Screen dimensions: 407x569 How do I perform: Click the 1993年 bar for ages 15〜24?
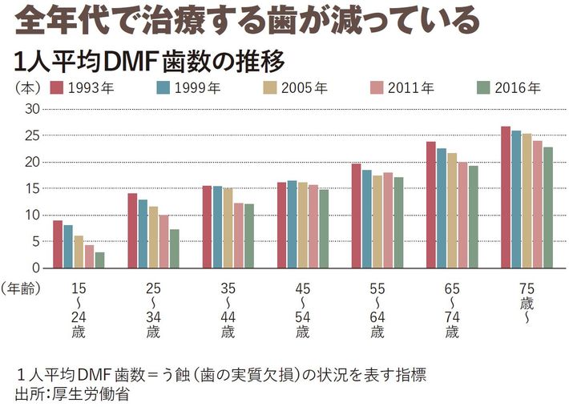[58, 244]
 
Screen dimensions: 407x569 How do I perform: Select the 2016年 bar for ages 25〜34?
[174, 248]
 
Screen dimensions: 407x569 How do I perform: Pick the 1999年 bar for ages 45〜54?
[292, 224]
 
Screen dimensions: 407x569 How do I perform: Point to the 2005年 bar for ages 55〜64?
[377, 221]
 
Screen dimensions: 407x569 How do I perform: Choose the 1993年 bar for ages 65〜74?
[431, 204]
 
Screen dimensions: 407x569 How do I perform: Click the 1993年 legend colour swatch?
[56, 87]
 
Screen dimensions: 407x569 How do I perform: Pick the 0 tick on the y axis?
[35, 268]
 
